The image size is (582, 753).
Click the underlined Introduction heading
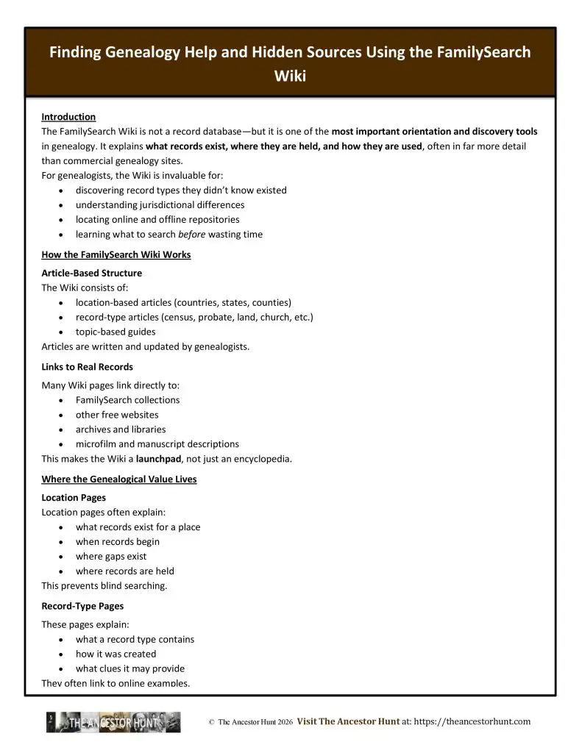pyautogui.click(x=68, y=117)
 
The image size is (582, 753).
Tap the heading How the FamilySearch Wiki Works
pyautogui.click(x=116, y=254)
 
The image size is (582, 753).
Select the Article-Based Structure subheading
pyautogui.click(x=91, y=273)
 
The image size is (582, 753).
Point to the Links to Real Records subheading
pyautogui.click(x=87, y=366)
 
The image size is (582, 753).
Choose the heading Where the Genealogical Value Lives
pyautogui.click(x=118, y=479)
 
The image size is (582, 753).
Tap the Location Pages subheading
pyautogui.click(x=74, y=498)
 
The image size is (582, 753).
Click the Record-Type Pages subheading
pyautogui.click(x=82, y=606)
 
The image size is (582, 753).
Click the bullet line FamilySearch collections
pyautogui.click(x=127, y=400)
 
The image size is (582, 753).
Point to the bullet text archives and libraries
pyautogui.click(x=121, y=429)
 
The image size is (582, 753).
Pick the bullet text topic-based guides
pyautogui.click(x=116, y=332)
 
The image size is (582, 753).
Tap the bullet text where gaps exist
pyautogui.click(x=111, y=557)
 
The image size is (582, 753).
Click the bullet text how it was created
pyautogui.click(x=116, y=654)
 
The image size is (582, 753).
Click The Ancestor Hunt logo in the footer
pyautogui.click(x=113, y=722)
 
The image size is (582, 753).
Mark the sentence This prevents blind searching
pyautogui.click(x=104, y=586)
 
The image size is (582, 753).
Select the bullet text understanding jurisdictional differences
pyautogui.click(x=160, y=205)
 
